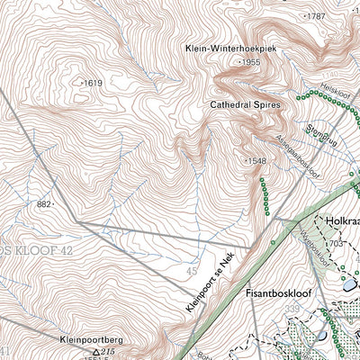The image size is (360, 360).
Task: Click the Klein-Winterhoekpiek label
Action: (x=230, y=48)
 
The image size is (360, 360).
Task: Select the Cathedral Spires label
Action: (x=246, y=105)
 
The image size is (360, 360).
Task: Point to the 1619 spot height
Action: (x=94, y=83)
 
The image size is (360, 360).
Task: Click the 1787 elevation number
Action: (x=315, y=17)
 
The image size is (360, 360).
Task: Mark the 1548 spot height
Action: (x=256, y=160)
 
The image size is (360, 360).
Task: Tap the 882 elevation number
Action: (x=44, y=205)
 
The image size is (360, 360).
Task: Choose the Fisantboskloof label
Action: (x=277, y=293)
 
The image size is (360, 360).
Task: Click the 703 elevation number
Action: (x=335, y=243)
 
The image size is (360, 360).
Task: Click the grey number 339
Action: (x=291, y=309)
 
